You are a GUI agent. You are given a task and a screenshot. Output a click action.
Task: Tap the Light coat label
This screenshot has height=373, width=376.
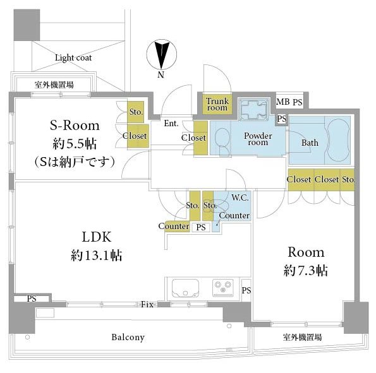coord(73,57)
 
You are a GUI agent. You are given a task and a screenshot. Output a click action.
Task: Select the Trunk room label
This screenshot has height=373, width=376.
coord(217,104)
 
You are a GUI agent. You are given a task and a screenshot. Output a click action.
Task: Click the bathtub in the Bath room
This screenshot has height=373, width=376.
coord(339,140)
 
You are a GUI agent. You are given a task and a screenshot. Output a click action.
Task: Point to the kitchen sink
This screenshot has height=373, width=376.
coord(185,287)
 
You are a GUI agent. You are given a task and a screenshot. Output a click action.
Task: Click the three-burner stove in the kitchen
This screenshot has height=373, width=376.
coord(223,288)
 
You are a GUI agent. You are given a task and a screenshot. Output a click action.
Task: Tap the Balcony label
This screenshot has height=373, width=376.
coord(128,337)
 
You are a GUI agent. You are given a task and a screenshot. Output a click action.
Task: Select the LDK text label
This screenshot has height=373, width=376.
coord(97,237)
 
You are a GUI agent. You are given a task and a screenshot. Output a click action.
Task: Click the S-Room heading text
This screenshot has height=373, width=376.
coord(75,126)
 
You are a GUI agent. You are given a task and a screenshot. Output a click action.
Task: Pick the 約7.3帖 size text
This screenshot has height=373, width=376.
coord(305,271)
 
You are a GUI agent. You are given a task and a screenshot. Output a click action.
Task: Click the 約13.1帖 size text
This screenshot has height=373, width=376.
coord(97,255)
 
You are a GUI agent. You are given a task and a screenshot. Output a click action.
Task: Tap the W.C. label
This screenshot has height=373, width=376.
coord(240,198)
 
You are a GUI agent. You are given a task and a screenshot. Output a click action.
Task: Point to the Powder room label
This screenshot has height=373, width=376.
coord(258,139)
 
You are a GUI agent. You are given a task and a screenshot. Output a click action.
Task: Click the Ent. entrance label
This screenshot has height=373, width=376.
coord(171,123)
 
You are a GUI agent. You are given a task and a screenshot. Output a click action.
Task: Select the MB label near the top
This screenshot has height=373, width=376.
coord(283,102)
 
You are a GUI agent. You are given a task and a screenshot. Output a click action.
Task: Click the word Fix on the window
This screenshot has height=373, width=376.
coord(147,304)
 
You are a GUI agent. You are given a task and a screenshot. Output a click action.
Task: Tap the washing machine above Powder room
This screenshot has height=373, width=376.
coord(254,110)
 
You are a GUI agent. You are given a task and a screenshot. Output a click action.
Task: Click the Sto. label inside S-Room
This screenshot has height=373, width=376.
coord(136,112)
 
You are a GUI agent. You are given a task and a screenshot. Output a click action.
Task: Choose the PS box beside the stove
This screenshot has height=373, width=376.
coord(246,290)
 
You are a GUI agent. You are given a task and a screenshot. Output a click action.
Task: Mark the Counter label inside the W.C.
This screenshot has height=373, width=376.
coord(234,215)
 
